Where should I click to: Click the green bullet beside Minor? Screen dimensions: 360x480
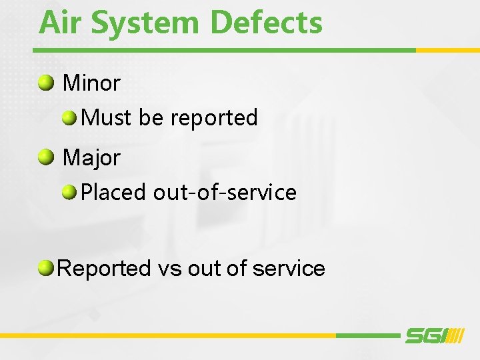click(x=46, y=83)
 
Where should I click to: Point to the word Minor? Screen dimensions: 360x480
click(x=91, y=83)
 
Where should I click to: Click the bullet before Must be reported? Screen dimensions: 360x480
click(x=70, y=119)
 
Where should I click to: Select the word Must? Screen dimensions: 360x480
click(x=107, y=118)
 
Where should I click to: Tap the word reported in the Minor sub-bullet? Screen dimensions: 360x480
click(x=213, y=119)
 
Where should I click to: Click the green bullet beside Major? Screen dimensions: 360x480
click(x=46, y=157)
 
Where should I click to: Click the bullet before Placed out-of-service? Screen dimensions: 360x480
click(x=70, y=193)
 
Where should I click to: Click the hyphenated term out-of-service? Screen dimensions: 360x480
click(x=225, y=193)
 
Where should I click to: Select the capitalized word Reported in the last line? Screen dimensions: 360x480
click(x=105, y=269)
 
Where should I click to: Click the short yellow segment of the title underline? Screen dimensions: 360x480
click(x=447, y=50)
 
